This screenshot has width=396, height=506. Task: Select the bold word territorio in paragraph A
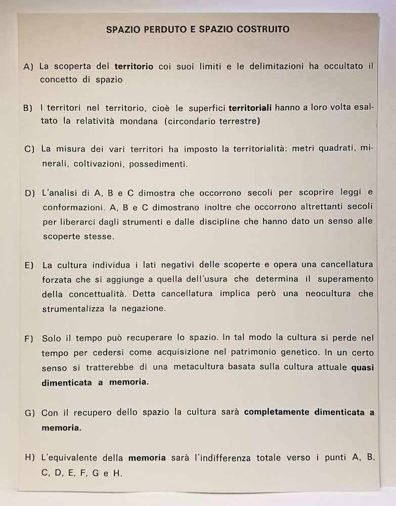pyautogui.click(x=134, y=66)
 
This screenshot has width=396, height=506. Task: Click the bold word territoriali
pyautogui.click(x=250, y=108)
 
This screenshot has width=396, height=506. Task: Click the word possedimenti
pyautogui.click(x=158, y=164)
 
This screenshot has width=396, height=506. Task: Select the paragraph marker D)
pyautogui.click(x=29, y=193)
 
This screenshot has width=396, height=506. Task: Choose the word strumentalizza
pyautogui.click(x=74, y=308)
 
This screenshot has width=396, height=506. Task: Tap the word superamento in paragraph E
pyautogui.click(x=346, y=279)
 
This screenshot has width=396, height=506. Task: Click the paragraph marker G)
pyautogui.click(x=29, y=413)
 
